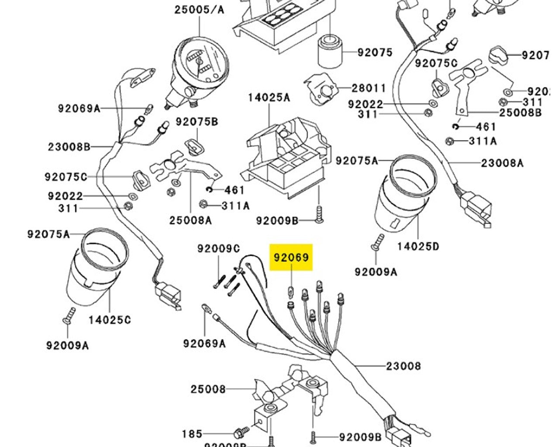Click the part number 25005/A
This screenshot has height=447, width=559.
pyautogui.click(x=199, y=9)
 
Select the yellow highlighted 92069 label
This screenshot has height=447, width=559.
pyautogui.click(x=291, y=258)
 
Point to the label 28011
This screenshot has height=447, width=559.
pyautogui.click(x=369, y=89)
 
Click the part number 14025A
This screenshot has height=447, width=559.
pyautogui.click(x=269, y=97)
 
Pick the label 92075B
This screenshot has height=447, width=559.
pyautogui.click(x=197, y=122)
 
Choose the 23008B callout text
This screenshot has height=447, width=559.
pyautogui.click(x=69, y=147)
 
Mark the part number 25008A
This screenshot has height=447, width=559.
pyautogui.click(x=190, y=220)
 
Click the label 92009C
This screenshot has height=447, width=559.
pyautogui.click(x=218, y=249)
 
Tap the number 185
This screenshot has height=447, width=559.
pyautogui.click(x=192, y=434)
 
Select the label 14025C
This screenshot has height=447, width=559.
pyautogui.click(x=110, y=320)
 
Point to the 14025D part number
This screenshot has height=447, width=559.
pyautogui.click(x=418, y=247)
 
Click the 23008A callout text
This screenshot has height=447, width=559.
pyautogui.click(x=502, y=163)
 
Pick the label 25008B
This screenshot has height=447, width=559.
pyautogui.click(x=521, y=113)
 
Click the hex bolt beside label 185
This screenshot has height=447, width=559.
pyautogui.click(x=241, y=433)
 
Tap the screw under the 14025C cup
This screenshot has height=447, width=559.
pyautogui.click(x=69, y=315)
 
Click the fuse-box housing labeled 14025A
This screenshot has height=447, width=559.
pyautogui.click(x=286, y=157)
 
